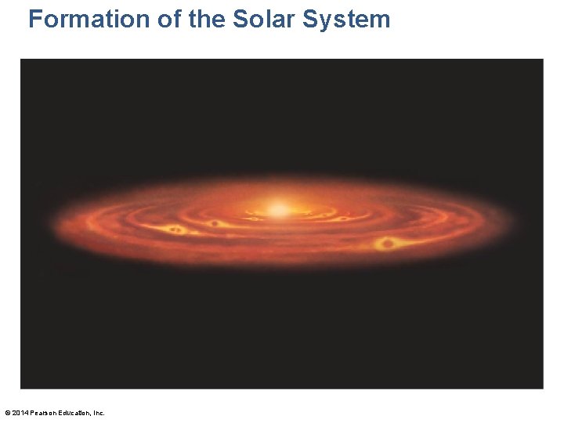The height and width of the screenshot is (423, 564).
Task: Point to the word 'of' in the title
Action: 170,19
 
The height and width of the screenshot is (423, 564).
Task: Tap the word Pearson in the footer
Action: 43,413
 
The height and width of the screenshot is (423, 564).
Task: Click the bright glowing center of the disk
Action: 278,209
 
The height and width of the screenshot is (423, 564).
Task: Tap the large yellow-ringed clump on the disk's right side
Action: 385,244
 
